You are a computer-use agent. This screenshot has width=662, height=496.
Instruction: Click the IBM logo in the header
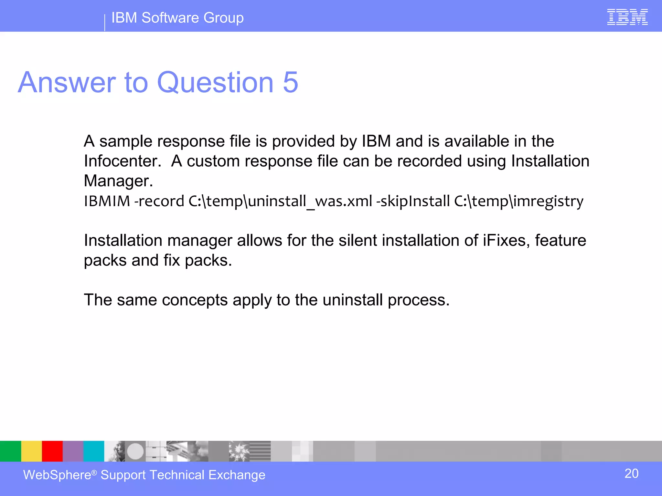(627, 17)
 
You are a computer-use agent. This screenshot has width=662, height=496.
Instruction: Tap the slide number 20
(631, 474)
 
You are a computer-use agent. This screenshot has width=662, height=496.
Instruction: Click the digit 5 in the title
(290, 82)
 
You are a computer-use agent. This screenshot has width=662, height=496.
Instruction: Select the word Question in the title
(215, 82)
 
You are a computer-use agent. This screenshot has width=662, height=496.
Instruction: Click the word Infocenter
(122, 161)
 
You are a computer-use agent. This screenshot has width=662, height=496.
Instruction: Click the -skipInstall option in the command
(413, 201)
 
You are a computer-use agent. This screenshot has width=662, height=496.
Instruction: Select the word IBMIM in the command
(107, 201)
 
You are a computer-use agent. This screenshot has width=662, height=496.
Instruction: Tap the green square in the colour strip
(10, 451)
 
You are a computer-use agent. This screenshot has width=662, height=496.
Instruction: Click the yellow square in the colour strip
(31, 451)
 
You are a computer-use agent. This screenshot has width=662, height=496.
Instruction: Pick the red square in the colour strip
(52, 451)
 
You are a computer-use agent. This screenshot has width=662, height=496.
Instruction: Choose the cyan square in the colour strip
(94, 451)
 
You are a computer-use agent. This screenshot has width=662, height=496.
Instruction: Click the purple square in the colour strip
(73, 451)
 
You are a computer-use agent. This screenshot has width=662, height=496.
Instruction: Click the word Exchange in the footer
(237, 475)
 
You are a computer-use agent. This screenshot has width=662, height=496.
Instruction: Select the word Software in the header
(170, 18)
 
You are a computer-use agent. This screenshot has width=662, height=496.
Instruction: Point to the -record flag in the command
(159, 201)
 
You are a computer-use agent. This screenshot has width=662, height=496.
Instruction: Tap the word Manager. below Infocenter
(118, 181)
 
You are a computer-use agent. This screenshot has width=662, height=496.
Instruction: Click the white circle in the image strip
(135, 451)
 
